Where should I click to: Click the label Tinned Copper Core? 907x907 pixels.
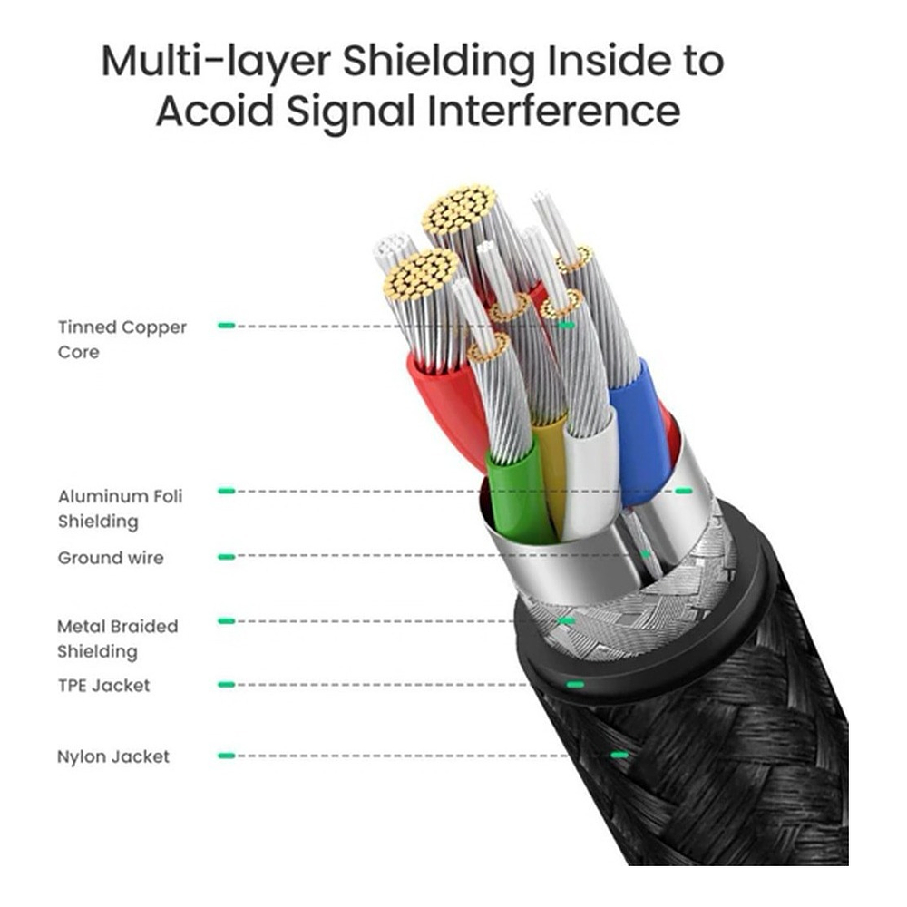pos(122,339)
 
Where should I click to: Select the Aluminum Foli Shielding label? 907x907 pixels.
pos(120,508)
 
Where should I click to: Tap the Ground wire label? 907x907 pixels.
pos(111,558)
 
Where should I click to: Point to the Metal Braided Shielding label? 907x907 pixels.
pos(117,639)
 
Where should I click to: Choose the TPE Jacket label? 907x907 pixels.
pos(103,685)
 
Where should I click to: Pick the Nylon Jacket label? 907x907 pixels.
pos(112,756)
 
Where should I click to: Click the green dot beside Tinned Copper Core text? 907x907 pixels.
pos(227,325)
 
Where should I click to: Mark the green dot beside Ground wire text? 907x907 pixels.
pos(227,557)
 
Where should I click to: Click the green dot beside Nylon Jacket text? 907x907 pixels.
pos(227,756)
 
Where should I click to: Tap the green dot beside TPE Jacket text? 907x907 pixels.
pos(227,685)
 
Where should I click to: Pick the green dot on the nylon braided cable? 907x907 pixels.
pos(619,755)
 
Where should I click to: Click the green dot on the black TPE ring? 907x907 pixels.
pos(573,684)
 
